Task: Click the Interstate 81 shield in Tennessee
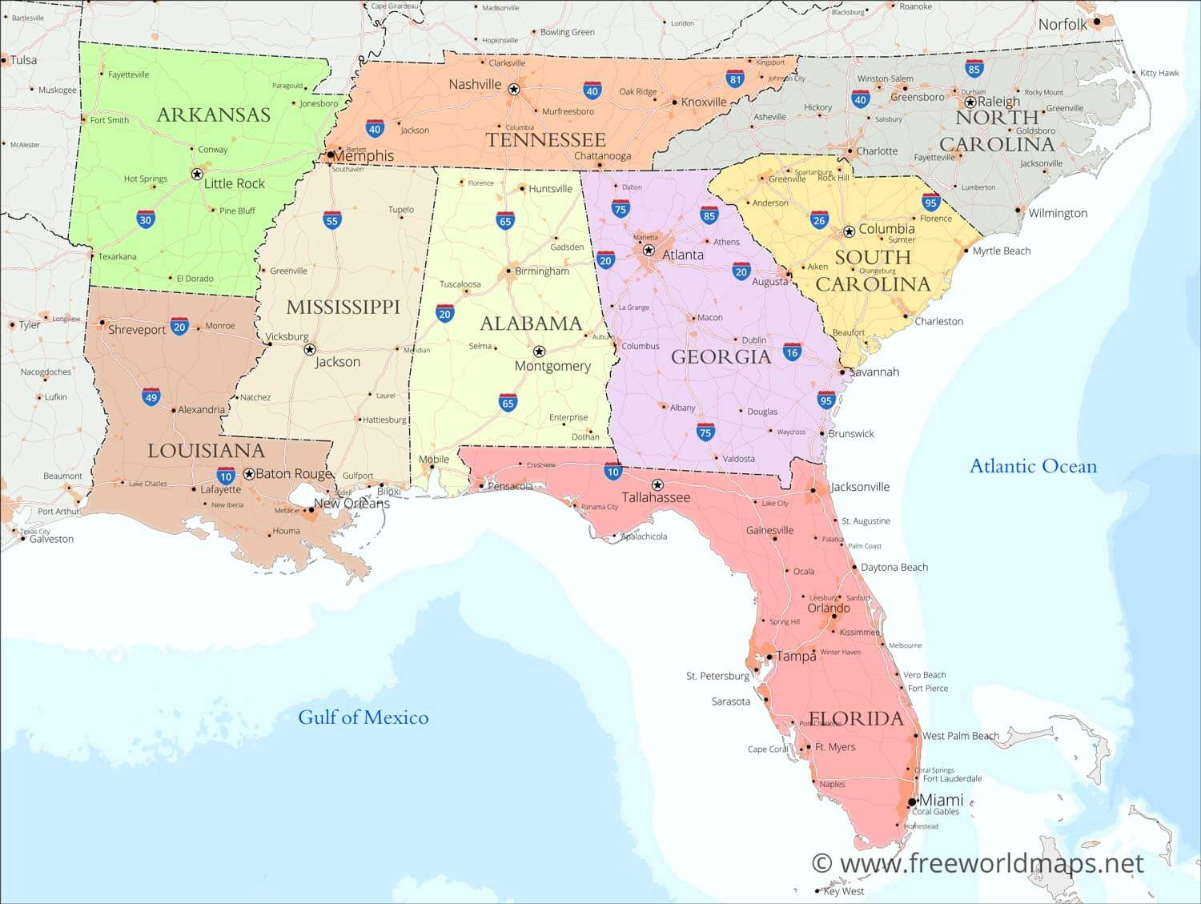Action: pos(735,78)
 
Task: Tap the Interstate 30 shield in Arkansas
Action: pos(145,220)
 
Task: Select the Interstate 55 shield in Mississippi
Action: pos(332,220)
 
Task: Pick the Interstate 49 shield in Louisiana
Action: pos(151,397)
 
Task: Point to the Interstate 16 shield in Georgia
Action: pos(792,352)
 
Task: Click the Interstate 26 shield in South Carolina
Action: pos(818,220)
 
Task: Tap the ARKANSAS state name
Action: pos(214,115)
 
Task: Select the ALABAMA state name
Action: pos(531,323)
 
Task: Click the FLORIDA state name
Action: pos(856,718)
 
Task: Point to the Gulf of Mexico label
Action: pos(363,717)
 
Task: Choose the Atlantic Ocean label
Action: pos(1033,466)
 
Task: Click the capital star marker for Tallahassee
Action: pos(657,485)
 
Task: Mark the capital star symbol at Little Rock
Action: pos(197,174)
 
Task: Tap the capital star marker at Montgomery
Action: pos(539,352)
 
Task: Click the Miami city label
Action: pos(941,800)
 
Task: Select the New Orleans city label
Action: pos(351,504)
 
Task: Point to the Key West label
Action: pos(843,891)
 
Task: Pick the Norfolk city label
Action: pos(1062,25)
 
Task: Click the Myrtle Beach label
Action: pos(1001,251)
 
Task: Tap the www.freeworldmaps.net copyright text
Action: pos(978,863)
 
